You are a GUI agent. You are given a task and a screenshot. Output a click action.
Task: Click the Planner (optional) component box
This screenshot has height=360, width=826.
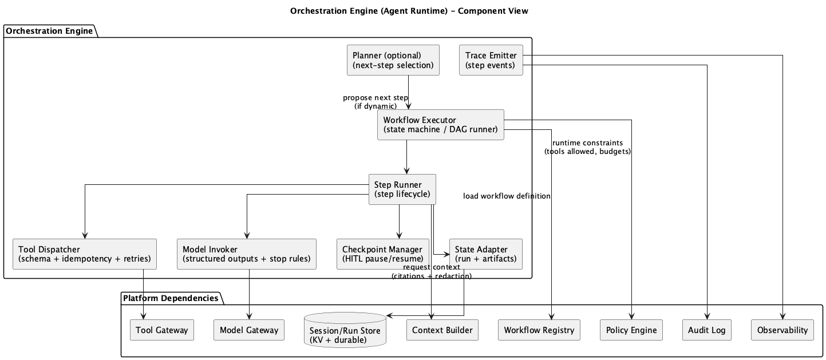(393, 60)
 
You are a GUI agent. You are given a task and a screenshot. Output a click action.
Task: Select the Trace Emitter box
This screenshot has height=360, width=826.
(491, 60)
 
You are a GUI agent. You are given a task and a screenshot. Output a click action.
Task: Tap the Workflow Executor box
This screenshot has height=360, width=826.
(440, 125)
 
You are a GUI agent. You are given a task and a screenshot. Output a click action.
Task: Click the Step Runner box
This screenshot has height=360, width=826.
(402, 189)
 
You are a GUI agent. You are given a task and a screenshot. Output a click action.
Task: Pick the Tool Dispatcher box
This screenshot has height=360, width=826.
(85, 254)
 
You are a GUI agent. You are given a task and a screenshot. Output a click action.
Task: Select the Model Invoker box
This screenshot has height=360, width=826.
(246, 254)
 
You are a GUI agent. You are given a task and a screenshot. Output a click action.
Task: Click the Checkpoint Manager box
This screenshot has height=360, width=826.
(382, 254)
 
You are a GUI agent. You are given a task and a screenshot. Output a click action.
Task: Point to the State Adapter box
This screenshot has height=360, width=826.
(485, 254)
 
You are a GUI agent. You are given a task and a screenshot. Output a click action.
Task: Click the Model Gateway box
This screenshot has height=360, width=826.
(249, 330)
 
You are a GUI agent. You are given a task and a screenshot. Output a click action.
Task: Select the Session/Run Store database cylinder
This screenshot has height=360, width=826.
(345, 330)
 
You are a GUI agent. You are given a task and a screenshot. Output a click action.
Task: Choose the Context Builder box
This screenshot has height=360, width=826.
(442, 330)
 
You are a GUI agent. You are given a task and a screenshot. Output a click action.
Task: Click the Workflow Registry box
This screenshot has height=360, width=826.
(539, 330)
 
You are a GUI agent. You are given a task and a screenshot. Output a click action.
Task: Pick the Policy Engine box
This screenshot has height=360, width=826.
(631, 330)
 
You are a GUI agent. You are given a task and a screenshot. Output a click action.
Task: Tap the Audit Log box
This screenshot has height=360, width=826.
(707, 330)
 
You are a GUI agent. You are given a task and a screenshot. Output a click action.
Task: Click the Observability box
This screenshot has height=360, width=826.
(782, 330)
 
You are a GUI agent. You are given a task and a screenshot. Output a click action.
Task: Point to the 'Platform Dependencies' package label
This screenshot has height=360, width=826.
(171, 298)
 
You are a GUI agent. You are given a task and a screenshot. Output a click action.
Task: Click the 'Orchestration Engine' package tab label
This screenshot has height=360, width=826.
(50, 31)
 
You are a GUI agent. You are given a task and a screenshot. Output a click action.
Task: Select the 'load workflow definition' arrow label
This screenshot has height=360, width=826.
(507, 196)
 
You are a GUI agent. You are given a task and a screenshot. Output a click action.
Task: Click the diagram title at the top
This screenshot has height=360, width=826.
(409, 11)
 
